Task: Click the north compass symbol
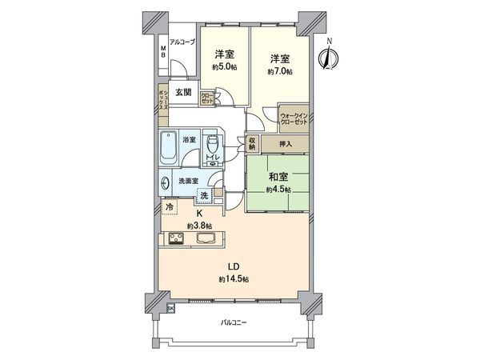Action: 326,57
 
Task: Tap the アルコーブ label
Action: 182,42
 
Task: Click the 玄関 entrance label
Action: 183,92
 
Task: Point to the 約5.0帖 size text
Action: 224,68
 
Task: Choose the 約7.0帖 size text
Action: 280,71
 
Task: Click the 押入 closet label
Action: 286,145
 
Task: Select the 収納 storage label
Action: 251,144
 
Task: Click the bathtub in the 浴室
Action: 169,149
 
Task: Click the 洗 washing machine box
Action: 204,197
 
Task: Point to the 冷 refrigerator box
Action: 170,207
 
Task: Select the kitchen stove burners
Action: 175,238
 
